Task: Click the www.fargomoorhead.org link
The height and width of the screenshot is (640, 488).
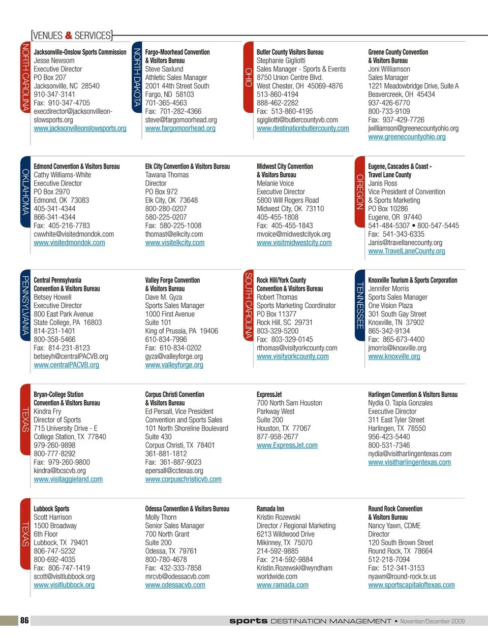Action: click(180, 129)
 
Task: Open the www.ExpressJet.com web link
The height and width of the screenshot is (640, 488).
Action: click(287, 445)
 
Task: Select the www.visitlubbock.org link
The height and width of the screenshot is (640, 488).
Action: click(64, 585)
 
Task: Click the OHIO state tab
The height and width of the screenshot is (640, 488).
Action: click(249, 77)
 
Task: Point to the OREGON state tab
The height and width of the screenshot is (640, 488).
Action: click(360, 191)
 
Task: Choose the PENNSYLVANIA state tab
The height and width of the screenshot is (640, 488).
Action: click(25, 305)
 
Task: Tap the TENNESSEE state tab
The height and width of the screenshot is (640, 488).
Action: click(360, 305)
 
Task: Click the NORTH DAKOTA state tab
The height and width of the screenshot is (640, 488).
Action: click(137, 77)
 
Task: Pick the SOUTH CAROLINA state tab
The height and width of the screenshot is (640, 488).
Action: click(249, 305)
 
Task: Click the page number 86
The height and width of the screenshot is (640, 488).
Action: click(24, 620)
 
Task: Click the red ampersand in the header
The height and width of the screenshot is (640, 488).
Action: click(69, 36)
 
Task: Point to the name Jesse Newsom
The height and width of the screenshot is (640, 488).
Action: click(54, 60)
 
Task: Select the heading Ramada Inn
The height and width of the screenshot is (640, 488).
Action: click(270, 508)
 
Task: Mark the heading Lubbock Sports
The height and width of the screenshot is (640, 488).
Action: click(51, 508)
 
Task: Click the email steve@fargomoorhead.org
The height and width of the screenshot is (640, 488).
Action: click(181, 120)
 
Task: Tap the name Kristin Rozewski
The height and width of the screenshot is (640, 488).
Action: click(278, 517)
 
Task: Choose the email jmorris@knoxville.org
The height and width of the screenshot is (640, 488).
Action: click(397, 348)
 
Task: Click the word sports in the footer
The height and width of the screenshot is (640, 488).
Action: click(248, 621)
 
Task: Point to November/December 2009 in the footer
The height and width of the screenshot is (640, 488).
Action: click(432, 621)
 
